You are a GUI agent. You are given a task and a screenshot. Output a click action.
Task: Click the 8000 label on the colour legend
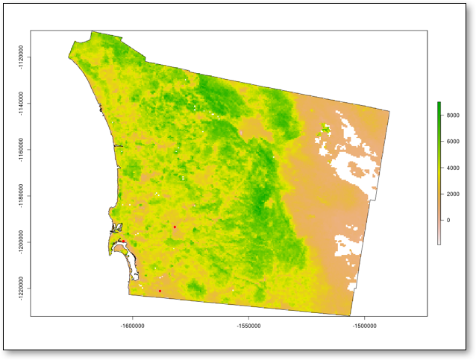click(x=452, y=115)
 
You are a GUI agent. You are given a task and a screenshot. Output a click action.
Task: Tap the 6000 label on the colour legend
click(x=452, y=141)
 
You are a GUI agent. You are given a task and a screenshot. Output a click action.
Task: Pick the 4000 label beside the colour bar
click(x=452, y=167)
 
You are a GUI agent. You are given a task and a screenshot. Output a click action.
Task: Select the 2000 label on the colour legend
click(x=452, y=194)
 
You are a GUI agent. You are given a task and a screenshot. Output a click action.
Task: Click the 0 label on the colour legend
click(x=448, y=220)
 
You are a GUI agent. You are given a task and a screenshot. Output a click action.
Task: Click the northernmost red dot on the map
click(x=175, y=227)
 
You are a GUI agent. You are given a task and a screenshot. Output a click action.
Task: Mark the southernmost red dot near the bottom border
click(x=160, y=291)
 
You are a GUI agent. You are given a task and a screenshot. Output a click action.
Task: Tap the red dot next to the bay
click(x=123, y=241)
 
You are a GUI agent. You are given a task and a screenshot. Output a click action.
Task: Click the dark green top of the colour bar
click(x=439, y=104)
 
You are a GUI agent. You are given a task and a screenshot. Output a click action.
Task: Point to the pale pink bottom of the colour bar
click(x=439, y=241)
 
